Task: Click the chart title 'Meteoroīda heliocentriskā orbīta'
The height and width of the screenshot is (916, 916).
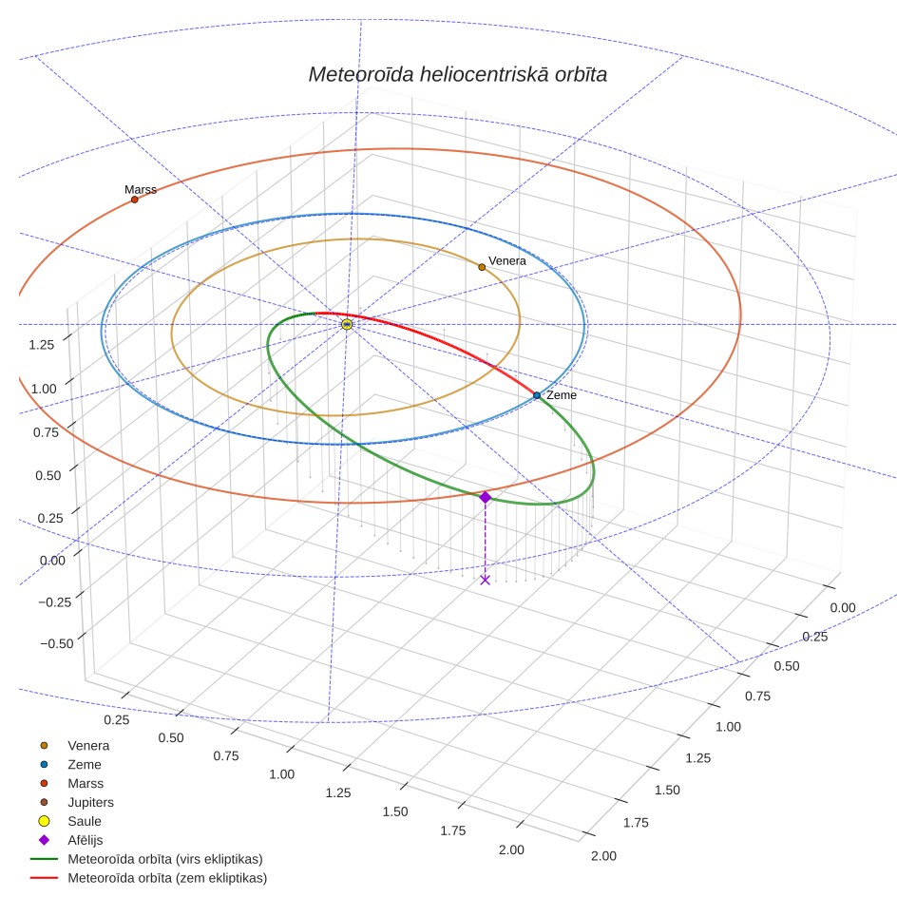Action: (457, 74)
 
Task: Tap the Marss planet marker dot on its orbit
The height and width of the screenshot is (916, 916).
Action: (134, 200)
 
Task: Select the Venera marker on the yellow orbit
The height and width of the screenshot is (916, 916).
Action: (482, 268)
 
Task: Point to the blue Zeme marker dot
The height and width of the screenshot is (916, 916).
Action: (537, 395)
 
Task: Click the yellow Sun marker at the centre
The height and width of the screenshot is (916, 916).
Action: (347, 324)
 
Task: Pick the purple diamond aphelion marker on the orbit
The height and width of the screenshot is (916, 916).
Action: (485, 497)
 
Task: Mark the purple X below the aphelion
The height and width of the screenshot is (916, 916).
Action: (485, 580)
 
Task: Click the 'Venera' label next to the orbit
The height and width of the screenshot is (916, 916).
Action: (507, 261)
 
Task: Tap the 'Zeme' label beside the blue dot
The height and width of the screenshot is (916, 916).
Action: (562, 395)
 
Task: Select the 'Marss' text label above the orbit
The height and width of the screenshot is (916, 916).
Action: (141, 189)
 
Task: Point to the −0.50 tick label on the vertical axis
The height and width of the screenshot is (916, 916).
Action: (57, 644)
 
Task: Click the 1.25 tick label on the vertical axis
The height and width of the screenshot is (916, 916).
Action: (42, 345)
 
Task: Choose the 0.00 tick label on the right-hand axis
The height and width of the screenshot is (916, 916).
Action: (843, 607)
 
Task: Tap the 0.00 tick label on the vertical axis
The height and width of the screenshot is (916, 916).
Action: (52, 561)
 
